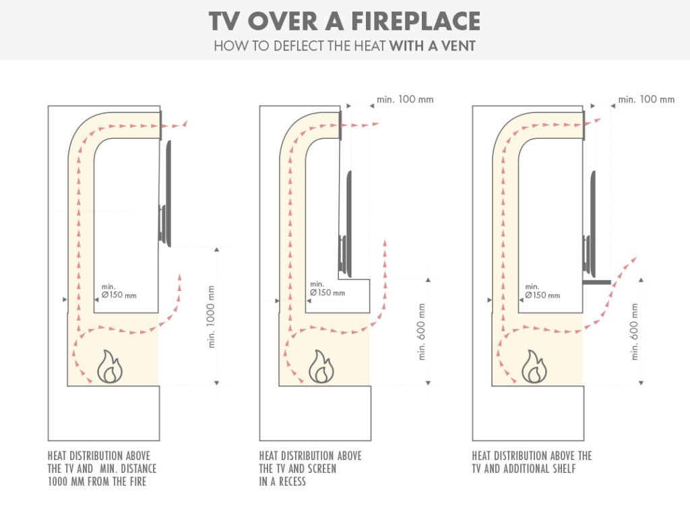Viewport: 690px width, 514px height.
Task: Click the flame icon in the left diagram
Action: pos(111,366)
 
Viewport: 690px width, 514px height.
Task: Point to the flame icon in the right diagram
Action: pos(535,366)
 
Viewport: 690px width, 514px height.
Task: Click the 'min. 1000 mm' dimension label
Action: pos(212,316)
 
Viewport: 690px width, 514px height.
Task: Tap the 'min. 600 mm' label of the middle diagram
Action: pos(423,331)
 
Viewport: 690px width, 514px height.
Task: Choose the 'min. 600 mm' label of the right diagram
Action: pos(634,331)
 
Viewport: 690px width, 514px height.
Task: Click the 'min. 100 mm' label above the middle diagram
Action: pos(405,100)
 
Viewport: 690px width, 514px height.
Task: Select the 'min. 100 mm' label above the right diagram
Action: pos(646,100)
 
